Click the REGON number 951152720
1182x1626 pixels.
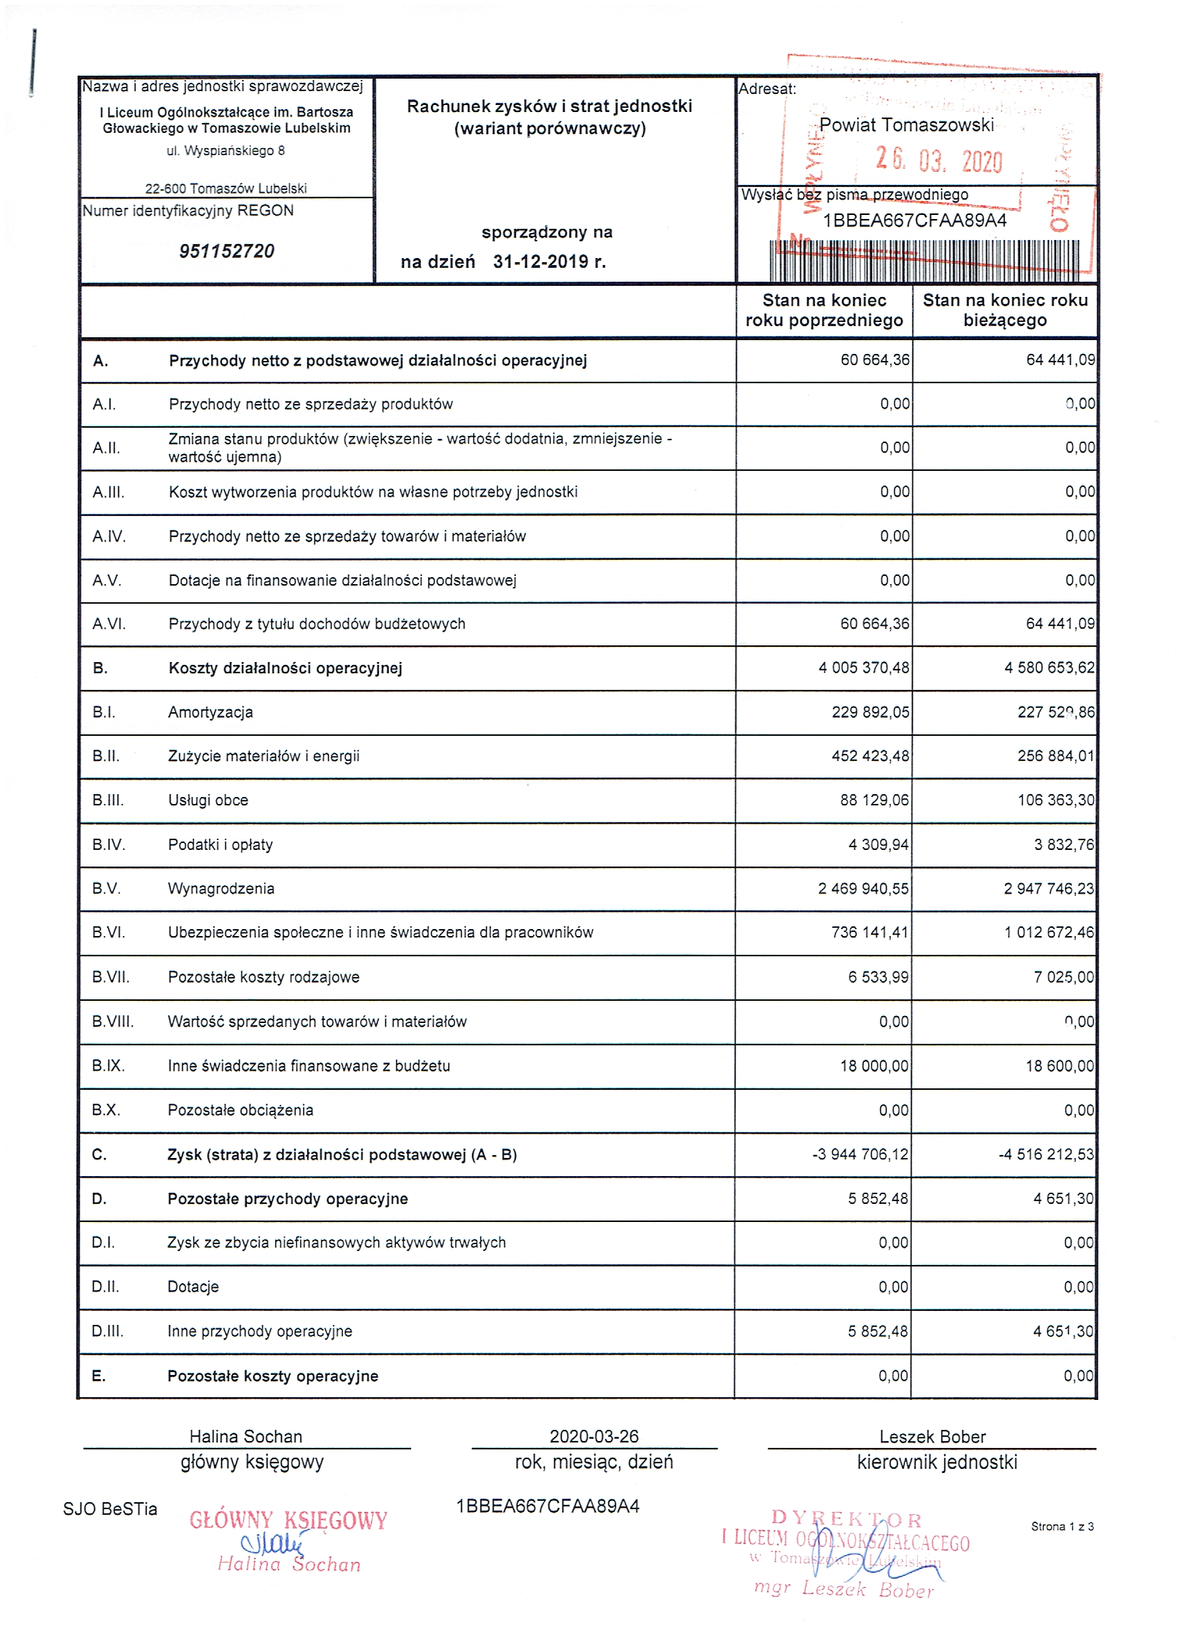coord(227,251)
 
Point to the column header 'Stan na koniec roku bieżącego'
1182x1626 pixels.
coord(1004,309)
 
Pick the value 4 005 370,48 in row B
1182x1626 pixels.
coord(864,668)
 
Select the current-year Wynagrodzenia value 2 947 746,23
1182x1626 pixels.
coord(1048,888)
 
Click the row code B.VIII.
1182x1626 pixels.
coord(113,1021)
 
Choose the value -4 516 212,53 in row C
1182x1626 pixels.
coord(1046,1154)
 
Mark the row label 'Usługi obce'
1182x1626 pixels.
coord(208,800)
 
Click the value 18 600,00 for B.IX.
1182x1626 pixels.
coord(1060,1065)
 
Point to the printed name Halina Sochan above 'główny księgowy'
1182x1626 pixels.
coord(245,1436)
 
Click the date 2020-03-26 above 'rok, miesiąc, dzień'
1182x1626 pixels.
coord(594,1435)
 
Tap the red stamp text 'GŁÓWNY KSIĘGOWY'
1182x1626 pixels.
coord(288,1520)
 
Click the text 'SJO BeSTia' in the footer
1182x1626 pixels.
coord(110,1508)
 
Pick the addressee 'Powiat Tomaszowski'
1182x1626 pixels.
coord(906,124)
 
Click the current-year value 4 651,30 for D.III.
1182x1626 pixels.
coord(1062,1330)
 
